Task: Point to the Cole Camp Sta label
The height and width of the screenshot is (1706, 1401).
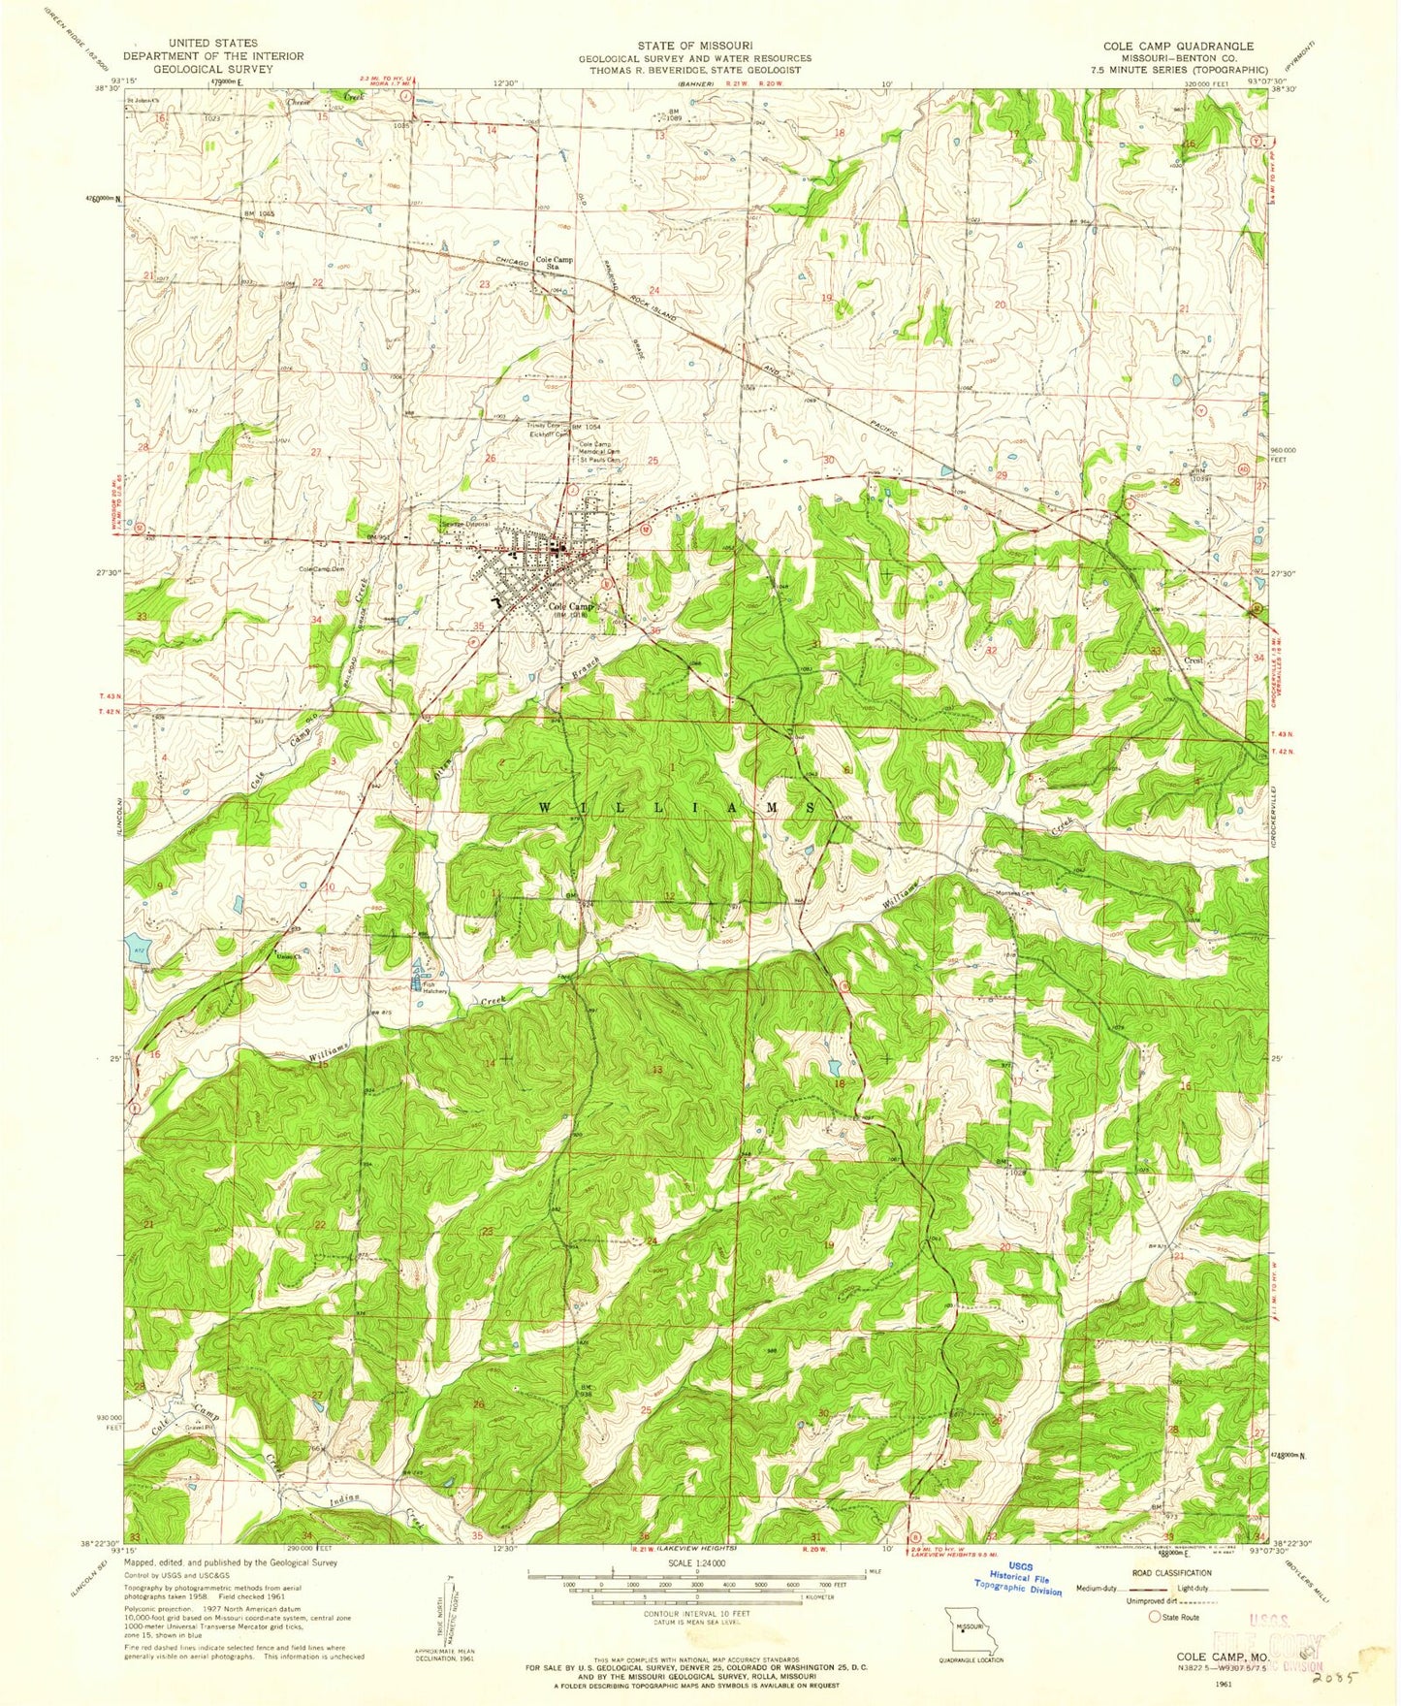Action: click(555, 264)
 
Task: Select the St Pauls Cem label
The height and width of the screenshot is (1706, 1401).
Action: click(598, 461)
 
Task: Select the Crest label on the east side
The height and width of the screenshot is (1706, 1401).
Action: click(1193, 660)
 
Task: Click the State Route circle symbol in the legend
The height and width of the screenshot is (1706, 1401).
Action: click(1154, 1617)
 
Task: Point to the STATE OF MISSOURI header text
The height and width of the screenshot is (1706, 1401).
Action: click(695, 46)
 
